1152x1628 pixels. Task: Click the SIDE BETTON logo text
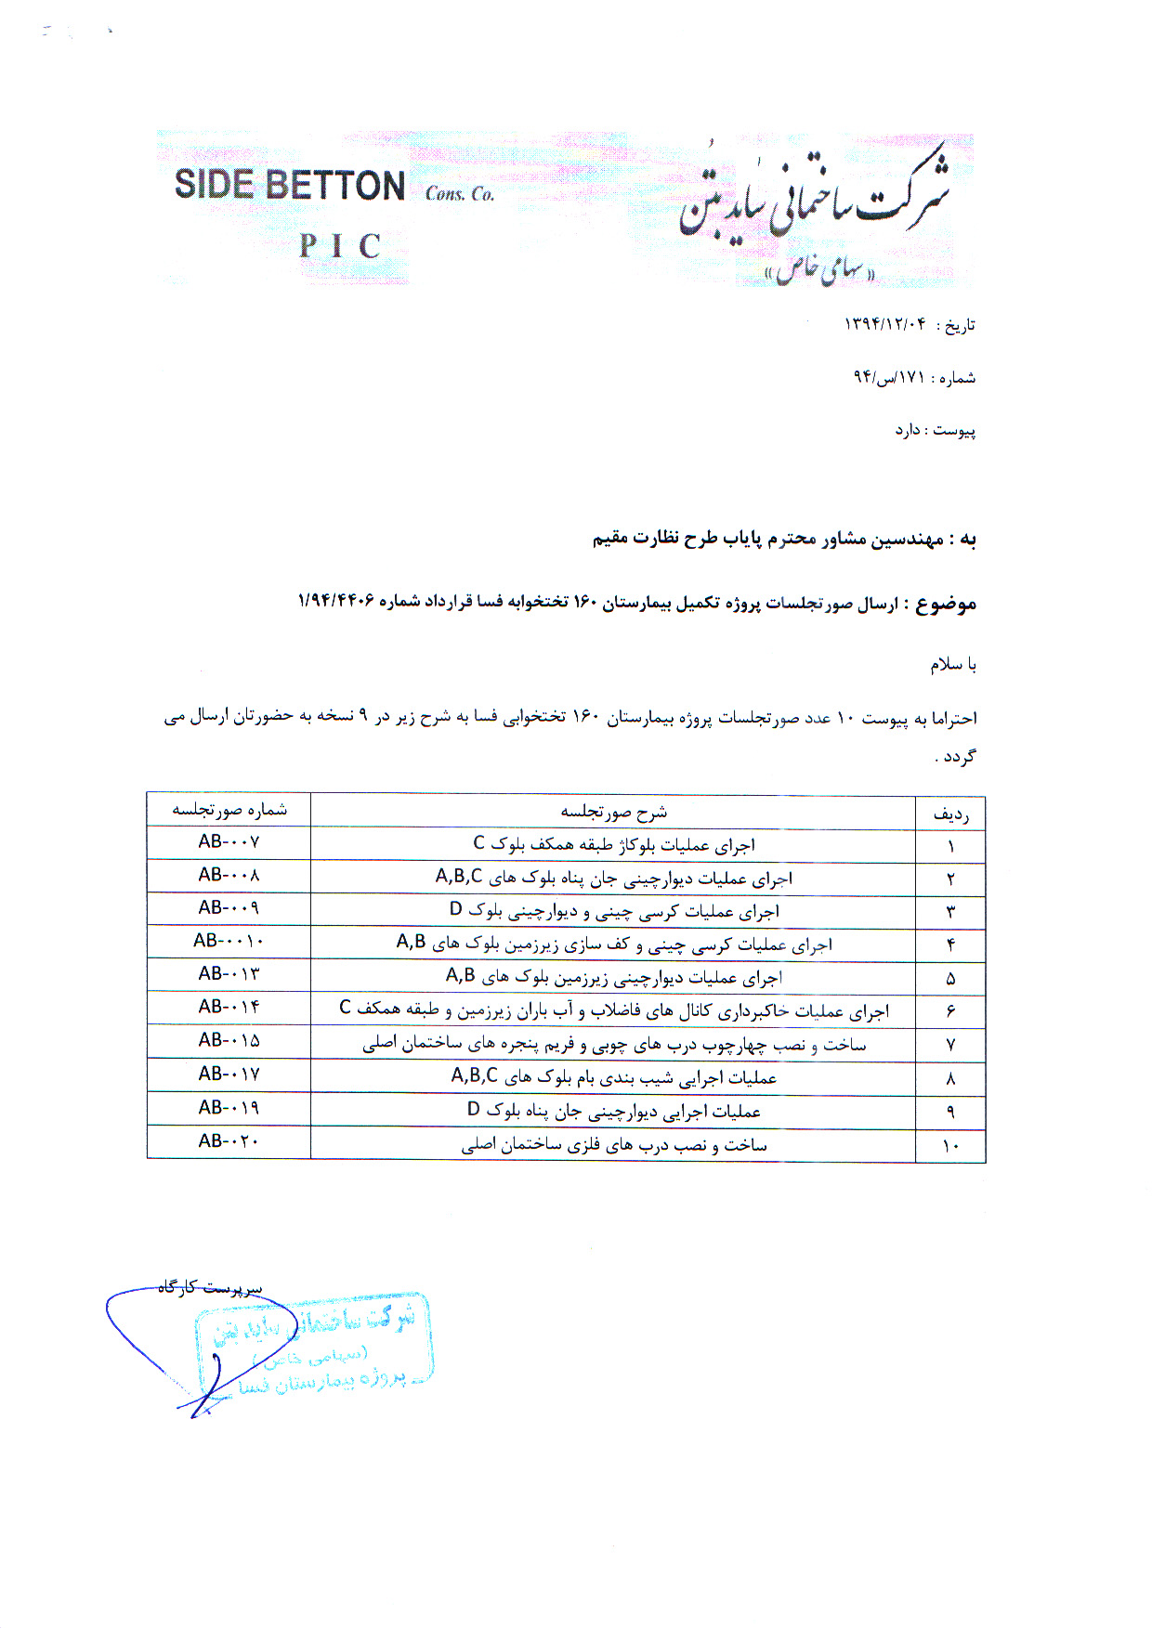[x=289, y=185]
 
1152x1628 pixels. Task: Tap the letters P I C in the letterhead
[x=340, y=246]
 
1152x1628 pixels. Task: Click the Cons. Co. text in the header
[x=460, y=193]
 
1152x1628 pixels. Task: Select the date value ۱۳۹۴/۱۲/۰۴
[x=884, y=323]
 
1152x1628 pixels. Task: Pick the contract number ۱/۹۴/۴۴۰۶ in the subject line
[x=335, y=601]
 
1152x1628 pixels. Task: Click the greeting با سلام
[x=953, y=665]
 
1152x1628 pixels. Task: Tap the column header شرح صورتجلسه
[x=613, y=812]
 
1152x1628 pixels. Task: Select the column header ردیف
[x=950, y=815]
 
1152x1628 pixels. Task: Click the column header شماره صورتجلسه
[x=229, y=810]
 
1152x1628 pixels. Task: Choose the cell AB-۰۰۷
[x=229, y=841]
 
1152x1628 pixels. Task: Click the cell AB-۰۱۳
[x=229, y=973]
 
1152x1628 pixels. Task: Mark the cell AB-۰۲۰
[x=229, y=1140]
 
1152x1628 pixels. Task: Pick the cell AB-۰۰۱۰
[x=229, y=941]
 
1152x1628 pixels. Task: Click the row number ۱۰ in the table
[x=950, y=1146]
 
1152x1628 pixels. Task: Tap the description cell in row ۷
[x=613, y=1045]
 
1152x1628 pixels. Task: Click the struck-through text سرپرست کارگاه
[x=210, y=1287]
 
